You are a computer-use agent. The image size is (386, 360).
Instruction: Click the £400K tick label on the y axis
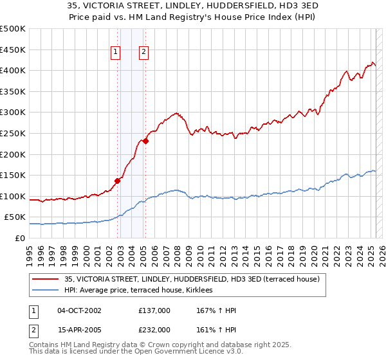coord(13,70)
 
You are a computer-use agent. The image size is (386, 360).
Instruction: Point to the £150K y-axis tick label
coord(13,175)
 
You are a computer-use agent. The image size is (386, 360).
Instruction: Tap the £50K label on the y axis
coord(15,217)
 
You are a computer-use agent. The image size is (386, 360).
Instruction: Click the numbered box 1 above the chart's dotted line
coord(116,53)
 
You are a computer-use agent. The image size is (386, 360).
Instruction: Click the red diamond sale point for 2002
coord(118,181)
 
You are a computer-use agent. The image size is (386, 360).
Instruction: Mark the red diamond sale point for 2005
coord(146,141)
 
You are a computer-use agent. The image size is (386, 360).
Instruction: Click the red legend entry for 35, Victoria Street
coord(187,278)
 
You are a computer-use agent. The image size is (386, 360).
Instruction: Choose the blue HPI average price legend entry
coord(143,290)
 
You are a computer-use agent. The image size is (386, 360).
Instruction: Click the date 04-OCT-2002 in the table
coord(79,310)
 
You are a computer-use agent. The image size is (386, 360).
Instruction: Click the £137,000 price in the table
coord(154,310)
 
